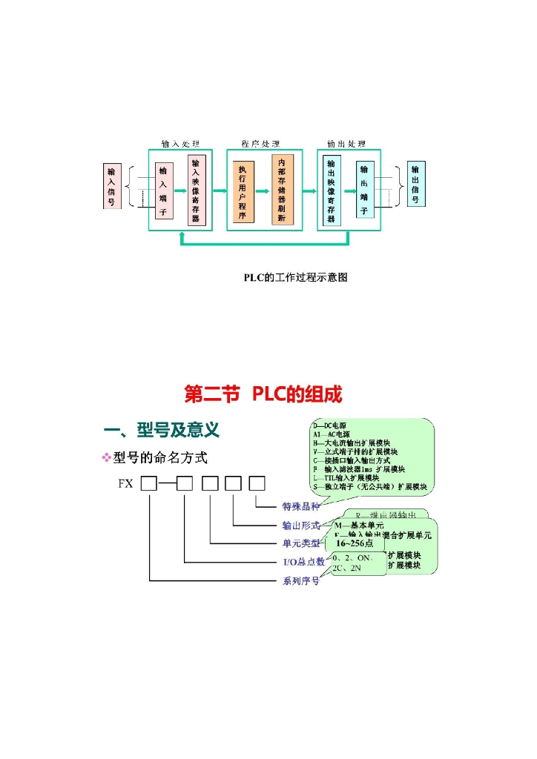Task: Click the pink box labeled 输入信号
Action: pyautogui.click(x=111, y=186)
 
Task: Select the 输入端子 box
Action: pyautogui.click(x=162, y=190)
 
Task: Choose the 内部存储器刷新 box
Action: pyautogui.click(x=283, y=190)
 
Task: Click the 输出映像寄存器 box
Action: pyautogui.click(x=331, y=190)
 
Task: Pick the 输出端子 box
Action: pyautogui.click(x=364, y=190)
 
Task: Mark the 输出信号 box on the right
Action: pyautogui.click(x=416, y=185)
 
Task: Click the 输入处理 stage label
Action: pyautogui.click(x=181, y=144)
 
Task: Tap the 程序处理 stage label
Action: pyautogui.click(x=261, y=144)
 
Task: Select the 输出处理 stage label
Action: pyautogui.click(x=346, y=144)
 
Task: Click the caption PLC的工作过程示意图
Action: pyautogui.click(x=296, y=277)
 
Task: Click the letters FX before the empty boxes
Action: pyautogui.click(x=125, y=485)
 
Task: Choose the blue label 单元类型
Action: pyautogui.click(x=300, y=543)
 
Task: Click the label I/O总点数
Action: pyautogui.click(x=304, y=562)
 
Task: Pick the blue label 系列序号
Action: pyautogui.click(x=300, y=580)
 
